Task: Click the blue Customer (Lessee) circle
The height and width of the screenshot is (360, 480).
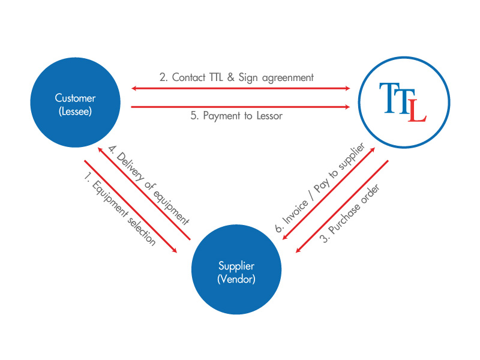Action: (75, 103)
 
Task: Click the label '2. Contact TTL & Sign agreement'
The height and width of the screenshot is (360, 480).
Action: (236, 77)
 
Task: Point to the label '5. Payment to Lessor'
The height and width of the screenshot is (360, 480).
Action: (236, 116)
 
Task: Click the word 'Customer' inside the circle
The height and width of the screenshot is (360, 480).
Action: (75, 98)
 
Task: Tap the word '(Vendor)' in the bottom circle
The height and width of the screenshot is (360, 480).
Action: (236, 278)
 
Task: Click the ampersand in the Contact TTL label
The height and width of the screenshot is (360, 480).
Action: (242, 77)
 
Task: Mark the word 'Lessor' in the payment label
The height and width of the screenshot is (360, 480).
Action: (268, 116)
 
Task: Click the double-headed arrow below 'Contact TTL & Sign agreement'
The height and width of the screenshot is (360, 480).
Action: (240, 88)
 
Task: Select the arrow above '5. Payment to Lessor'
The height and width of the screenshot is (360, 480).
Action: (240, 107)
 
